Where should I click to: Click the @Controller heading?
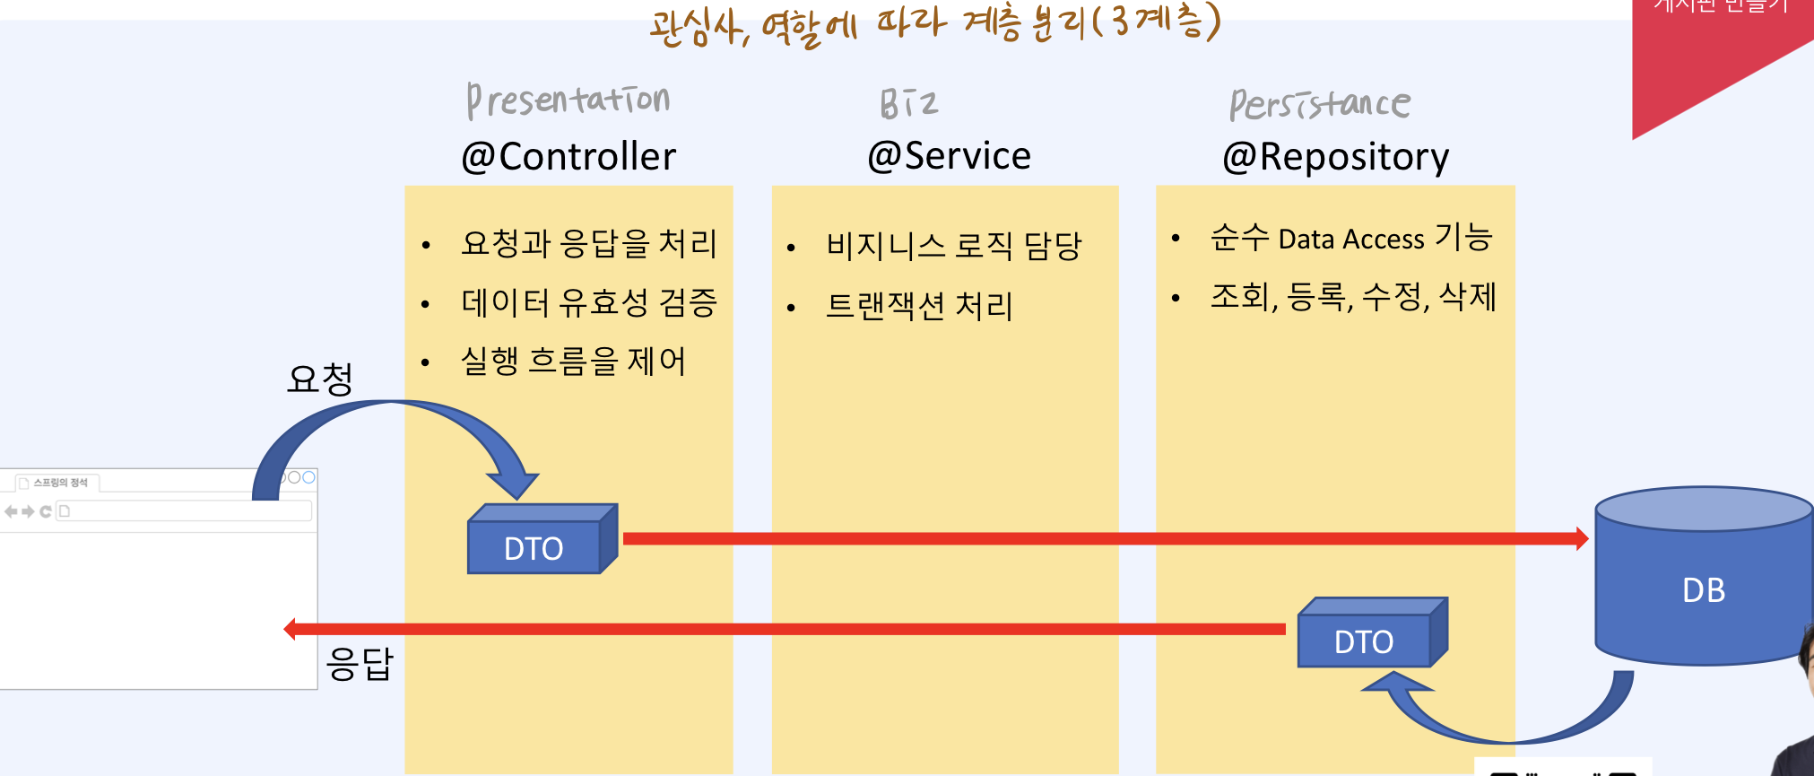coord(569,157)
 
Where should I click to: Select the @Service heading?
coord(949,156)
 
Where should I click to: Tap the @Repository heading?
coord(1335,157)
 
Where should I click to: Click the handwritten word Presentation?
coord(568,100)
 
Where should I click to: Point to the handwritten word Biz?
coord(908,104)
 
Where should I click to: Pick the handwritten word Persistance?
coord(1319,105)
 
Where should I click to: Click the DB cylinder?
coord(1703,583)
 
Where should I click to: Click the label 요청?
coord(320,379)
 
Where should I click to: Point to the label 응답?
coord(360,664)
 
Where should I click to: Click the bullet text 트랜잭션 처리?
coord(919,306)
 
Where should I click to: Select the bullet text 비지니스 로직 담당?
coord(954,246)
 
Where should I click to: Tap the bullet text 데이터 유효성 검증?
coord(589,302)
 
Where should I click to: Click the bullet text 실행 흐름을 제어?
coord(573,362)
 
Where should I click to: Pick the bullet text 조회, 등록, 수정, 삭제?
coord(1353,296)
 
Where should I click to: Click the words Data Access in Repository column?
coord(1350,240)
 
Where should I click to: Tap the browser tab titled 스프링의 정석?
coord(59,483)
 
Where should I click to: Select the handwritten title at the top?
coord(935,24)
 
